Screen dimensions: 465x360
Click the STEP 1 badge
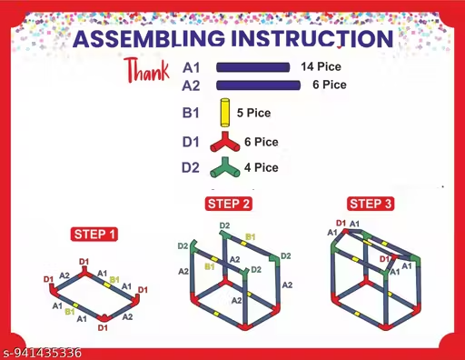pos(94,235)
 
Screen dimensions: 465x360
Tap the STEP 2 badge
pos(229,204)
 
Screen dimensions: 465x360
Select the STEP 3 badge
pos(371,204)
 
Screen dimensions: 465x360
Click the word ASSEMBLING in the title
pos(149,39)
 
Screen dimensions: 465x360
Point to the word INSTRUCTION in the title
pos(312,39)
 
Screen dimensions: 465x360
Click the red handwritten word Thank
pos(147,70)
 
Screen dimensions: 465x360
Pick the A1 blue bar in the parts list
pos(252,67)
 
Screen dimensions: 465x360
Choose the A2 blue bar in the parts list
pos(258,85)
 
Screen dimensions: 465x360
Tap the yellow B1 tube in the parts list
pos(224,113)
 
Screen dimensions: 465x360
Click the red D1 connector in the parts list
pos(224,142)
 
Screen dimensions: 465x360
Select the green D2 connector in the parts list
pos(224,167)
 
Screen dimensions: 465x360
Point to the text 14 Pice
pos(321,66)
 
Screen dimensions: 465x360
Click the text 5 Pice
pos(253,113)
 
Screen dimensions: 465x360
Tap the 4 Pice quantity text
pos(262,167)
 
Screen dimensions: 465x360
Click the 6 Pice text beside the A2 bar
pos(330,85)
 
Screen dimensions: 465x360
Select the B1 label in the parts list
pos(191,113)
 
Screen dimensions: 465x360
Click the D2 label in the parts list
pos(191,167)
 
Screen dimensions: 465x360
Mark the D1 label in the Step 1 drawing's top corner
pos(84,262)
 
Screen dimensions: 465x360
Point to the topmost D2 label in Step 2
pos(224,225)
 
